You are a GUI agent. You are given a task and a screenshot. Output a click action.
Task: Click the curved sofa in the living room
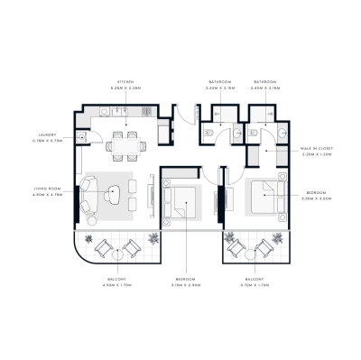coord(89,193)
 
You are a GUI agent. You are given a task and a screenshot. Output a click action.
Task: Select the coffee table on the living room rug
coord(115,191)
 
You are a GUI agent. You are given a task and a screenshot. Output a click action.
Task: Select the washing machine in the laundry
coord(80,136)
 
